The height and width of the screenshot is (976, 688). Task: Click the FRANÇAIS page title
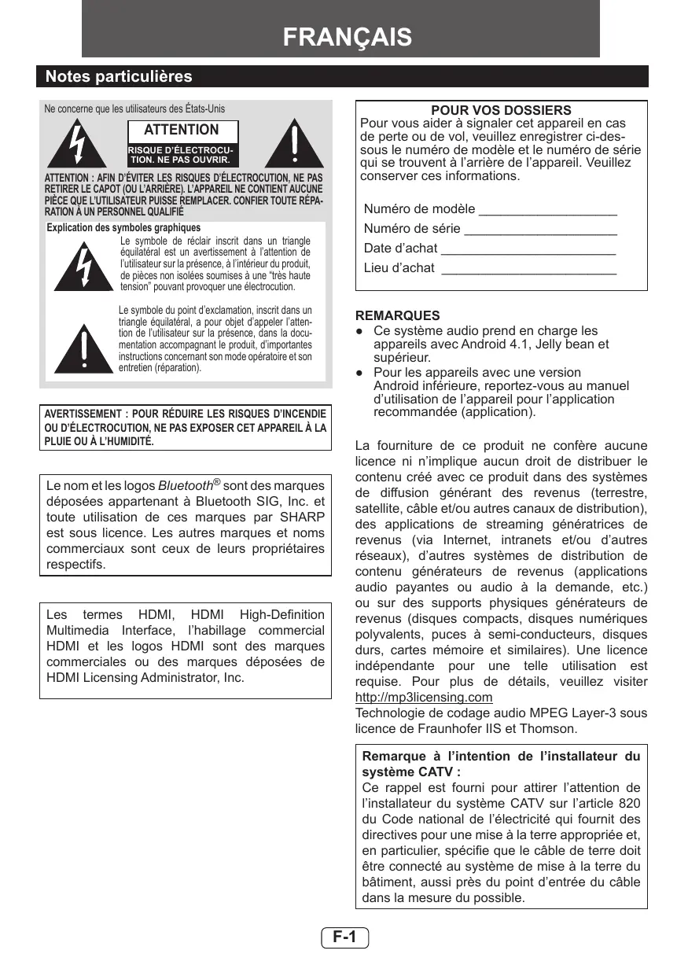[347, 38]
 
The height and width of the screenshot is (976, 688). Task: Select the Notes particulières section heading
[119, 76]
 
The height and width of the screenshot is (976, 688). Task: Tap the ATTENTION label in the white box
[182, 130]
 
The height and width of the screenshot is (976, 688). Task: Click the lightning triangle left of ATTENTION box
[76, 145]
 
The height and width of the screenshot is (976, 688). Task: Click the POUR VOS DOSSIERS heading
[501, 111]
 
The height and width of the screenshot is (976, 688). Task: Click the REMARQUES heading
[398, 316]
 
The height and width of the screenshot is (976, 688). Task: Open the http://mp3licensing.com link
[424, 698]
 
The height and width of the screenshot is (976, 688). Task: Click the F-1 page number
[344, 937]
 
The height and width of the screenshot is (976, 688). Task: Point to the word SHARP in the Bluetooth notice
[301, 517]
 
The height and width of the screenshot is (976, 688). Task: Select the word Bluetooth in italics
[186, 486]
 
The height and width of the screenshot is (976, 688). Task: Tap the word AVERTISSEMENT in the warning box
[84, 414]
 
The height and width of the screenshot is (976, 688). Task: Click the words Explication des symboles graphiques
[123, 228]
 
